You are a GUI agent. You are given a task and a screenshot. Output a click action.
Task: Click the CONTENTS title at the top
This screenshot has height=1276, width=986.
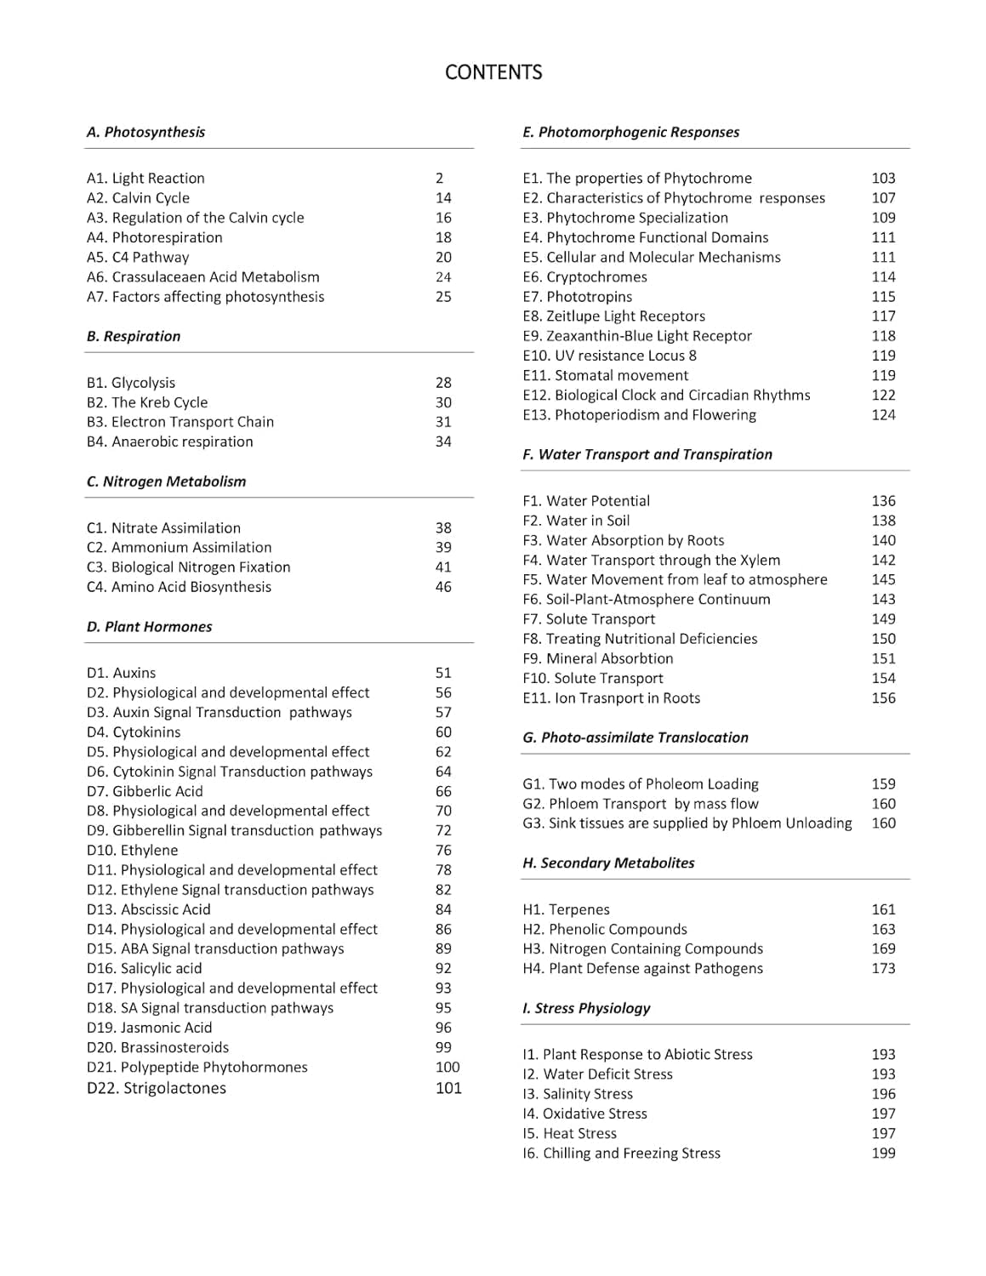coord(493,72)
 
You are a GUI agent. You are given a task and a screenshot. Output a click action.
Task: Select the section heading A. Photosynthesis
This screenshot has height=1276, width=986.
coord(145,132)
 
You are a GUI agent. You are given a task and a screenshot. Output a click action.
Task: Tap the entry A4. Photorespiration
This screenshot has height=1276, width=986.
coord(155,237)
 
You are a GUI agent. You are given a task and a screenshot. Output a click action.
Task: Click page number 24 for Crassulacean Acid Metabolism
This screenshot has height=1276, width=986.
coord(443,276)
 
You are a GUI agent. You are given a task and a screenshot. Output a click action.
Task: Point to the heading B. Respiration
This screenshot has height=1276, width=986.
coord(134,336)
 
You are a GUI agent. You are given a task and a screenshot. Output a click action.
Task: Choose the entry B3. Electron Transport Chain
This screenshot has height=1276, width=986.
coord(180,422)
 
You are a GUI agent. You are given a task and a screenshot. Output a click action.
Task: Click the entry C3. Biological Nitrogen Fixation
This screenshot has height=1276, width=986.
coord(189,567)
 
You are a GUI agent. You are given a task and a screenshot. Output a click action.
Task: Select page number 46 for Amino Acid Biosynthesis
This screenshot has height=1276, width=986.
coord(443,587)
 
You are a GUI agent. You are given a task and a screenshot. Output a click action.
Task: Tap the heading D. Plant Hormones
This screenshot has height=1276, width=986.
coord(149,627)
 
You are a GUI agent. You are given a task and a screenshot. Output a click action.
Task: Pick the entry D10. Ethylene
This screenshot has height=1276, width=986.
coord(133,850)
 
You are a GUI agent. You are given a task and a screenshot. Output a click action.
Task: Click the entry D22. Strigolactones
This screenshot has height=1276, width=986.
coord(157,1088)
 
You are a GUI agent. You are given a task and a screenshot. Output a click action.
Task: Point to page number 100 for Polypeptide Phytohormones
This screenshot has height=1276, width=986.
coord(447,1067)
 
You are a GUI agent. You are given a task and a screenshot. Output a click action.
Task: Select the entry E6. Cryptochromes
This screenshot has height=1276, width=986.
coord(584,276)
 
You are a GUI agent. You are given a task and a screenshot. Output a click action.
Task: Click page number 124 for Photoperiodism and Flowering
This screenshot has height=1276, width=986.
coord(883,415)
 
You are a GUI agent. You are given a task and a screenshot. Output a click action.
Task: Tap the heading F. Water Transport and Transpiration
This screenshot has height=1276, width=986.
coord(647,454)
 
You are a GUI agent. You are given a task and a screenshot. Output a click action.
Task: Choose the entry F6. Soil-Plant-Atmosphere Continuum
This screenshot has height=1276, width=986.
coord(647,599)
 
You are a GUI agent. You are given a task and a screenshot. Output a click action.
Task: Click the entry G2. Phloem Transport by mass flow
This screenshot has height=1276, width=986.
coord(641,804)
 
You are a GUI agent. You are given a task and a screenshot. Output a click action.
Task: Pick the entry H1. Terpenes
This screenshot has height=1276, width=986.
coord(566,909)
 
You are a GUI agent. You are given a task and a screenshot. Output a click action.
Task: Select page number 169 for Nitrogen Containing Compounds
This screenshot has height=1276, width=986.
coord(883,948)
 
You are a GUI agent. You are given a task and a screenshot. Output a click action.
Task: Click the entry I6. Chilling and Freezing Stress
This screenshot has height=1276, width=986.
coord(621,1154)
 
